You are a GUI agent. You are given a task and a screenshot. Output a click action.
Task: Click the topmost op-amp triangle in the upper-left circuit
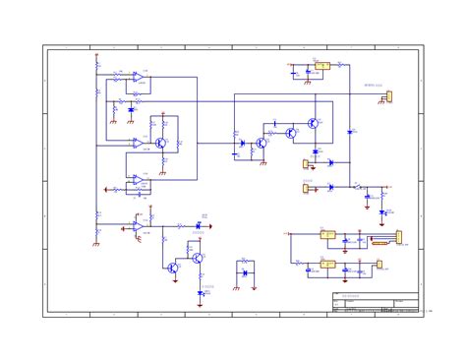coord(139,77)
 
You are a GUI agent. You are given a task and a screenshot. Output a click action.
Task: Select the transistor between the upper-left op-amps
coord(158,143)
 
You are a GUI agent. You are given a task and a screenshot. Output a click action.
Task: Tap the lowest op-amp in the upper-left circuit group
coord(139,180)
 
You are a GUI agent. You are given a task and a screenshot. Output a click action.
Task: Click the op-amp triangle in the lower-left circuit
coord(139,226)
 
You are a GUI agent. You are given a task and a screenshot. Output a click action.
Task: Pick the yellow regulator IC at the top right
coord(321,66)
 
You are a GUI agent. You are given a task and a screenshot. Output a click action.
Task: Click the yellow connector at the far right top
coord(388,96)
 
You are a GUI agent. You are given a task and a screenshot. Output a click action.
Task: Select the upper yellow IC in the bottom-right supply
coord(327,235)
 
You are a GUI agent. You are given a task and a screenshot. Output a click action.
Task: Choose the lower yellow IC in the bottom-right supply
coord(327,264)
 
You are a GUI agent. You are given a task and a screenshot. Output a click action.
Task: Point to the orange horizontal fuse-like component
coord(379,242)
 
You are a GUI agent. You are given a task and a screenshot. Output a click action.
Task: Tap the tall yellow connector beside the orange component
coord(398,236)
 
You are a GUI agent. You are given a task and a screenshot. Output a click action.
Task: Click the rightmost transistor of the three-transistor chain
coord(312,123)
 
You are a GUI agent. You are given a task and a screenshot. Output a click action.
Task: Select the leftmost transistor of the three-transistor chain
coord(261,144)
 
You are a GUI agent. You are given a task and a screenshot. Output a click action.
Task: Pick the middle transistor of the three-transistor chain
coord(290,132)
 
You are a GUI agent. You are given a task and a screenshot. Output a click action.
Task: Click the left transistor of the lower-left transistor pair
coord(173,268)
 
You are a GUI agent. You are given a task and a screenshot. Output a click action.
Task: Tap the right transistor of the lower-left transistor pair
coord(198,258)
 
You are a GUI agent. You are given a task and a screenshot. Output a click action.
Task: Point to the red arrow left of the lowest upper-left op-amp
coord(106,190)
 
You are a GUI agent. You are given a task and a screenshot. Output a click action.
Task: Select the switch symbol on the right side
coord(358,185)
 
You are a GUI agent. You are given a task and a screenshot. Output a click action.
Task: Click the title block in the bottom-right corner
coord(375,304)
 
